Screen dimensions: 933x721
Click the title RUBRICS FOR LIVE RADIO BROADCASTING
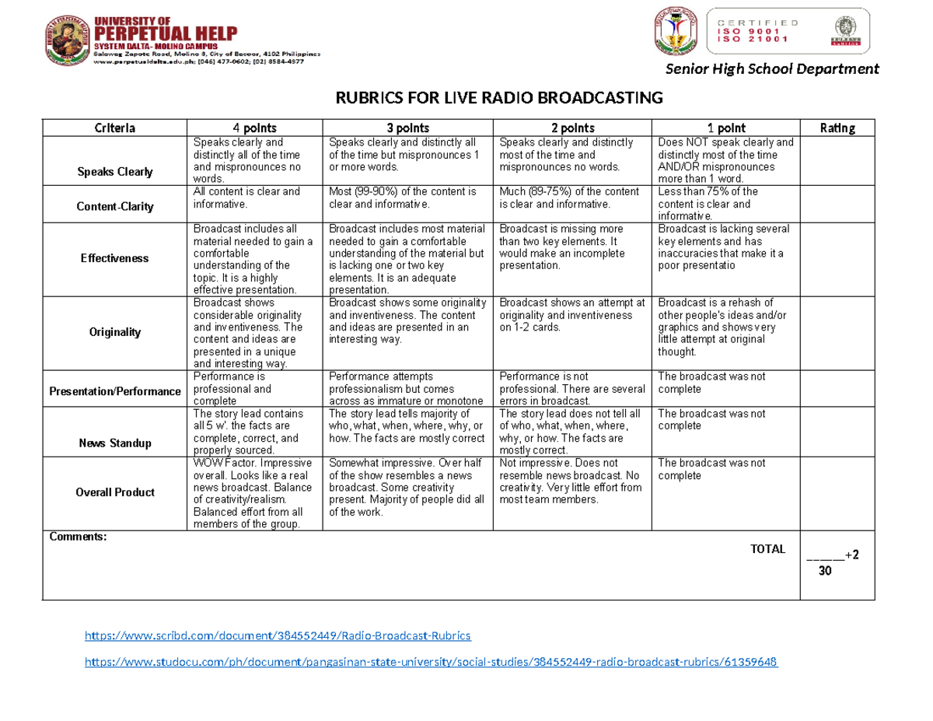(x=498, y=99)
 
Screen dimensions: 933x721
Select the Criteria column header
(x=114, y=128)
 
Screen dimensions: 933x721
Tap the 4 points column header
(x=255, y=128)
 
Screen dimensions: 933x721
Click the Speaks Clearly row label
(x=114, y=172)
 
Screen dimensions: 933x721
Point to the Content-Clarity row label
(x=114, y=207)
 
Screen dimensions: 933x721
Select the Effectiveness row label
(x=114, y=258)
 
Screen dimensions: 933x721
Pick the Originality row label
(x=114, y=332)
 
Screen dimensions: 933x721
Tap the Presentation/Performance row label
(x=114, y=391)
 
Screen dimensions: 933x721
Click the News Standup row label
(x=114, y=443)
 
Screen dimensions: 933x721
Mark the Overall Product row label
(x=114, y=492)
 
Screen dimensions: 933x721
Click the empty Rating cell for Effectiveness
(x=837, y=259)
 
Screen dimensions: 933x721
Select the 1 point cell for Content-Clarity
(x=726, y=203)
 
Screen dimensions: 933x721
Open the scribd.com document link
(x=277, y=636)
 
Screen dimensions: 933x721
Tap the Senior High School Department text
(x=771, y=69)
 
